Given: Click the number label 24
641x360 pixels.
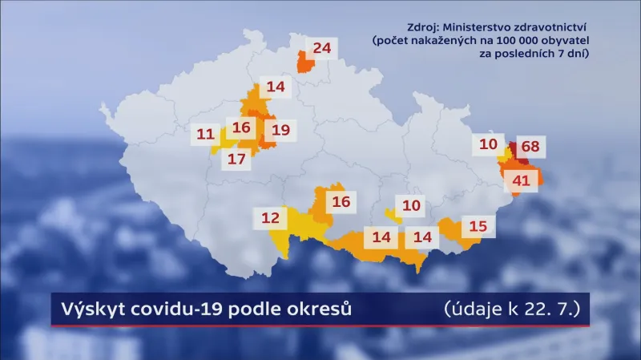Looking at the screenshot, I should [x=322, y=48].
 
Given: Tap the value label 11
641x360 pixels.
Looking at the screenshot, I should [x=205, y=135].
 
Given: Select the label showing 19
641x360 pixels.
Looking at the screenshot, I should [x=280, y=130].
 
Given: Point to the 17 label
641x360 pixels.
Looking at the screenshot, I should [x=236, y=159].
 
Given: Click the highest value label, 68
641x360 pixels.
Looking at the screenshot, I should [x=530, y=147].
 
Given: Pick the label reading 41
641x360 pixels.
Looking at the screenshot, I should [x=522, y=181].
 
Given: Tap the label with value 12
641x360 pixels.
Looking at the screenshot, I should [x=270, y=217].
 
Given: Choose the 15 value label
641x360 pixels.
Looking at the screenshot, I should [x=478, y=226].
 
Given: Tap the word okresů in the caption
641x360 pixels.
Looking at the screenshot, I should [x=320, y=309].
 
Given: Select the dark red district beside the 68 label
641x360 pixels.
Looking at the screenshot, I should [x=514, y=148].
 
